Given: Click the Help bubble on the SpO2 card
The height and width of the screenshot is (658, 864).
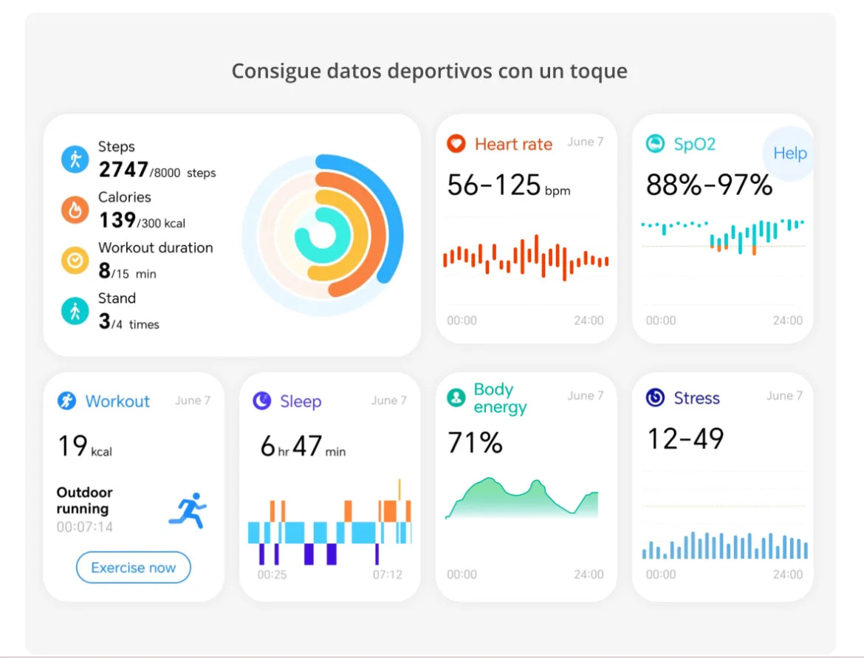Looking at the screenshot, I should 789,154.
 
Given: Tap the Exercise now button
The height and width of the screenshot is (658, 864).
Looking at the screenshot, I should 133,568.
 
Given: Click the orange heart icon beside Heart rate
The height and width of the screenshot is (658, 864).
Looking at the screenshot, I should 456,144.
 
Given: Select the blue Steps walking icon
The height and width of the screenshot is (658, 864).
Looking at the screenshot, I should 75,160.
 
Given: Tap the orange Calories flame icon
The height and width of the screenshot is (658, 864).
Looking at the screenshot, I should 75,210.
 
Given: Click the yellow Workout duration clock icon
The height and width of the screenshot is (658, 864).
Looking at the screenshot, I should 75,261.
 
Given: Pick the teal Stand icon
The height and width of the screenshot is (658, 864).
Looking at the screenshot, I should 75,312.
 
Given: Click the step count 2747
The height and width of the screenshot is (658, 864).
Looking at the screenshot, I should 123,170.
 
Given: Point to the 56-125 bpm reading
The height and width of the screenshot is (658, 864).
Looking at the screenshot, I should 508,185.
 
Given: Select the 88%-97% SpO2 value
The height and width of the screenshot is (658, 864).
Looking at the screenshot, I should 709,185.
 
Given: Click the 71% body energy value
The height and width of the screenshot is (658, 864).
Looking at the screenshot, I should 475,443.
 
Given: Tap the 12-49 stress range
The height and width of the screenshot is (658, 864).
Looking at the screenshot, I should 685,439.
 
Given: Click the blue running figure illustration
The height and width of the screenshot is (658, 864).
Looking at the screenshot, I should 188,511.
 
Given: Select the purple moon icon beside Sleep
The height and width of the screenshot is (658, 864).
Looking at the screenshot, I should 262,401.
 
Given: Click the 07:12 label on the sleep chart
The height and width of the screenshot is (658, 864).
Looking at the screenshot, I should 388,574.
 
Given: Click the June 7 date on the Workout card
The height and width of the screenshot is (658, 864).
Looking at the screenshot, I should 193,400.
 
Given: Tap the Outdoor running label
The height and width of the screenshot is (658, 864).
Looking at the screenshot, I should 84,501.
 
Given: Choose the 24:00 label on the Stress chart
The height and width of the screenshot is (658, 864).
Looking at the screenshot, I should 787,574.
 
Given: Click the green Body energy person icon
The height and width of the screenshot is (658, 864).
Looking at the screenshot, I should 456,398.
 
